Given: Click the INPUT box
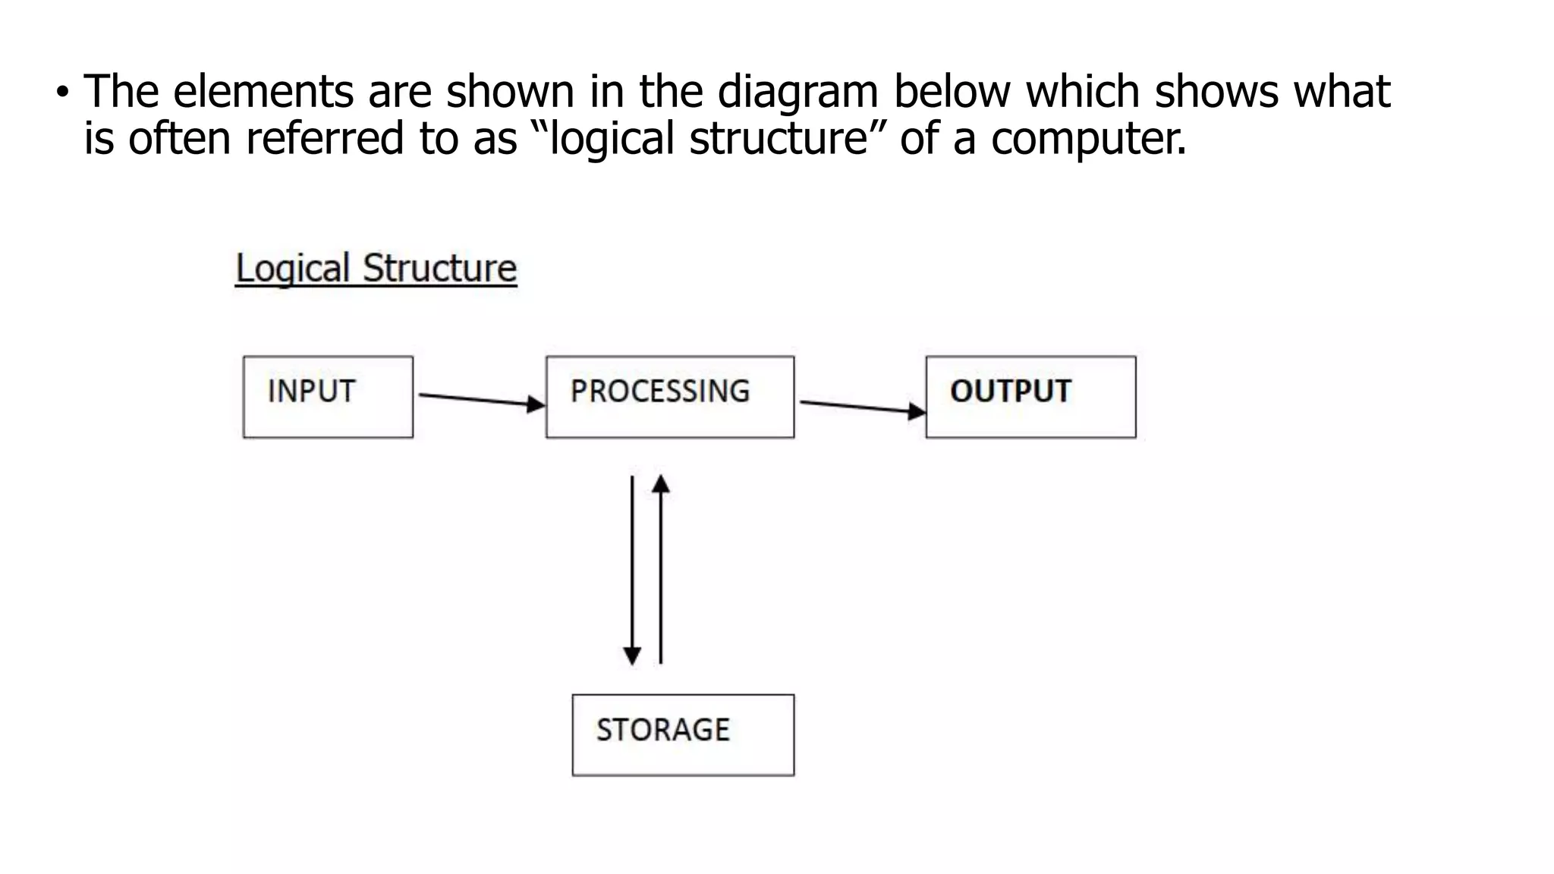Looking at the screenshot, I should tap(328, 397).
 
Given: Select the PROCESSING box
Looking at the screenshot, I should tap(670, 397).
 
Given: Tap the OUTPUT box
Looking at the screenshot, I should tap(1030, 397).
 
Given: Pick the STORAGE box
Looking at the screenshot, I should tap(683, 734).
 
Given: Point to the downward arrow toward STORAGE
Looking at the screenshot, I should tap(632, 569).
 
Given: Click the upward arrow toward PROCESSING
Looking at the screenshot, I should tap(661, 569).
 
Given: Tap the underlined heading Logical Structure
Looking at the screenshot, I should tap(376, 269).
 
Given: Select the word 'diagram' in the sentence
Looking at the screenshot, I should tap(797, 92).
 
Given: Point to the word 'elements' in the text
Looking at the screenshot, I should tap(263, 92).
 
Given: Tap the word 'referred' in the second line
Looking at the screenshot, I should tap(325, 140).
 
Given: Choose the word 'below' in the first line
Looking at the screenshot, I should tap(952, 92).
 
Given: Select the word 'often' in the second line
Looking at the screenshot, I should tap(179, 140).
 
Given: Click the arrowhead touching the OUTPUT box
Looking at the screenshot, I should tap(917, 412).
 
